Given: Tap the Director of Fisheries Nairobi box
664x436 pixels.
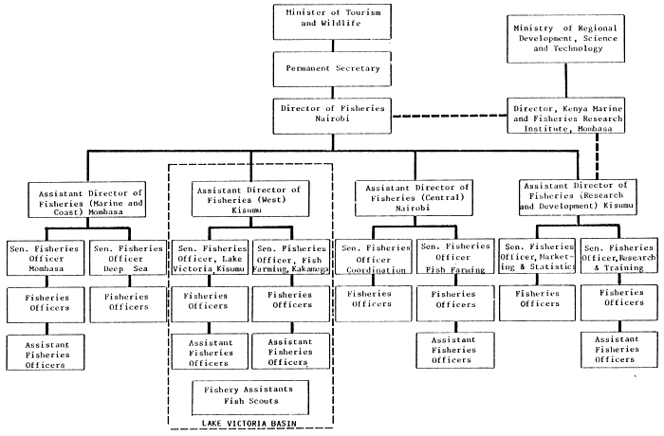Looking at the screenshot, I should coord(321,116).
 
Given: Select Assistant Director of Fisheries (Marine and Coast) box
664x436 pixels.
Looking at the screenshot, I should coord(86,201).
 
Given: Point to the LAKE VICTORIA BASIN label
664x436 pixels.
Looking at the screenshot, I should coord(250,424).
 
